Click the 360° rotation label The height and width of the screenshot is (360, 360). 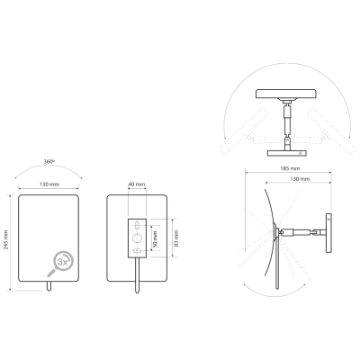(49, 161)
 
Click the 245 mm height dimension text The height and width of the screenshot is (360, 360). (5, 240)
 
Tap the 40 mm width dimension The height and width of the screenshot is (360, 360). (137, 184)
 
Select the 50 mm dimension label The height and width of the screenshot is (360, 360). (155, 238)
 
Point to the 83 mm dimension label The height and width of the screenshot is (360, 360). (176, 238)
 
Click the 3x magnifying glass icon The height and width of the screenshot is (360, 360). (60, 263)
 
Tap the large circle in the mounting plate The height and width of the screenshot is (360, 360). (137, 238)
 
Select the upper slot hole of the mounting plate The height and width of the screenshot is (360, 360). (137, 224)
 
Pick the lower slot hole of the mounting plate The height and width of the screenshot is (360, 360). (137, 251)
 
